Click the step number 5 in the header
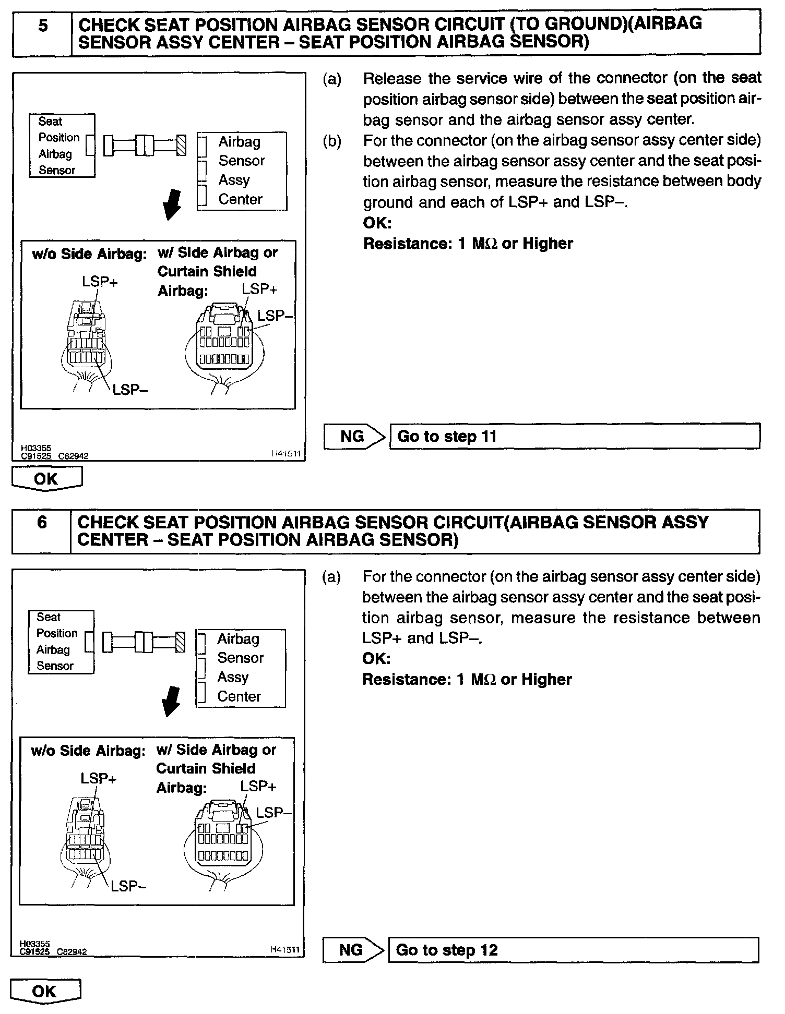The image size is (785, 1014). [43, 26]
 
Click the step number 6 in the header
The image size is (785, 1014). [42, 523]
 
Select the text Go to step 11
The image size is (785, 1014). [447, 436]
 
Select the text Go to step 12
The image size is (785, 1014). [447, 950]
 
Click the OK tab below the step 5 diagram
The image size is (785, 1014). [46, 479]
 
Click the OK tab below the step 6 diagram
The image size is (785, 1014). [45, 991]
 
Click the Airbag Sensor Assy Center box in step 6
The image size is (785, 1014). [241, 668]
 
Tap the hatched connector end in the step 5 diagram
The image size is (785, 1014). [181, 145]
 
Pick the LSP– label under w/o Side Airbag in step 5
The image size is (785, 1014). [130, 389]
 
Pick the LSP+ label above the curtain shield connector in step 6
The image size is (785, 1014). [258, 786]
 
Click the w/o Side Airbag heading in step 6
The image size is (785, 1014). [88, 751]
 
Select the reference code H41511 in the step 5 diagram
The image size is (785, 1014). [286, 454]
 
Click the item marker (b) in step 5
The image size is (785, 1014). [332, 141]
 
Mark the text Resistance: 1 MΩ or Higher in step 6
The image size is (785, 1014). [467, 679]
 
